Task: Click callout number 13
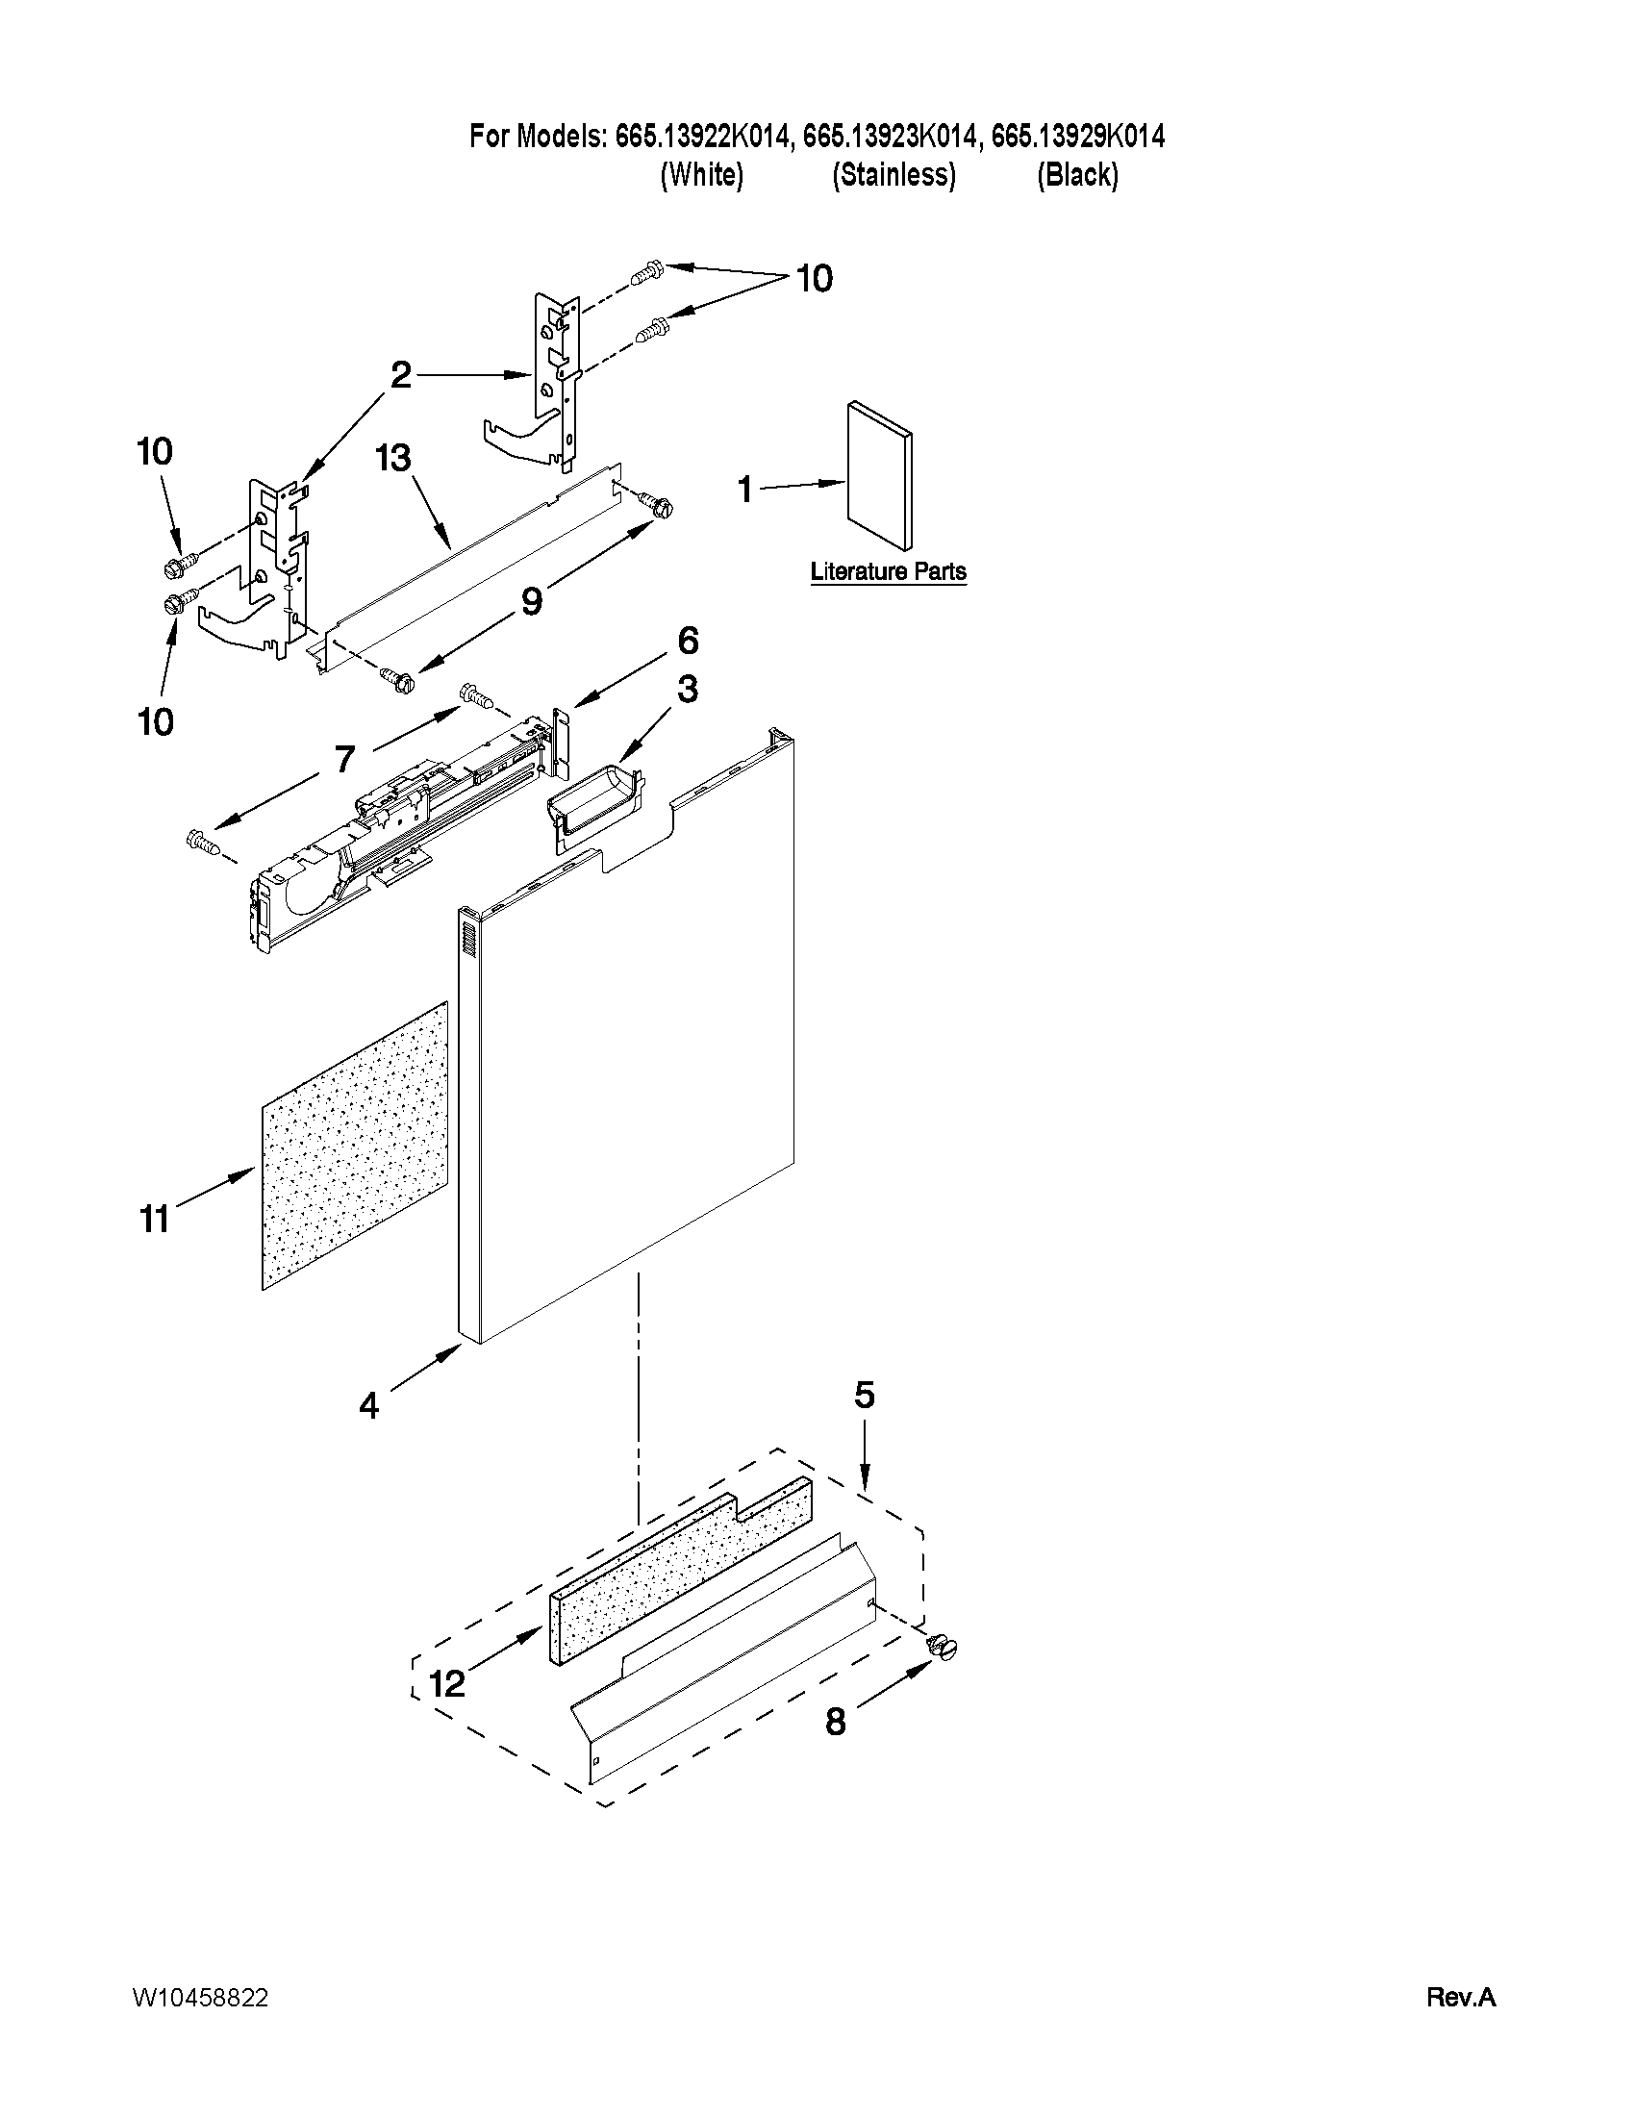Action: (393, 459)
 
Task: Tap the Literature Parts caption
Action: (888, 572)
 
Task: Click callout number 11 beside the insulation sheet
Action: (155, 1219)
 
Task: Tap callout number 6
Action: (687, 641)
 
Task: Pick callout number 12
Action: (447, 1684)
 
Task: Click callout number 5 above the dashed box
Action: (864, 1396)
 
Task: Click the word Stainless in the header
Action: (894, 175)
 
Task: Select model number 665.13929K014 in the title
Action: (1078, 137)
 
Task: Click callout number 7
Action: (344, 759)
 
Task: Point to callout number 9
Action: (531, 602)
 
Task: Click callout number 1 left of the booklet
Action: (744, 490)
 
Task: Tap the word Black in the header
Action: (1077, 175)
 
